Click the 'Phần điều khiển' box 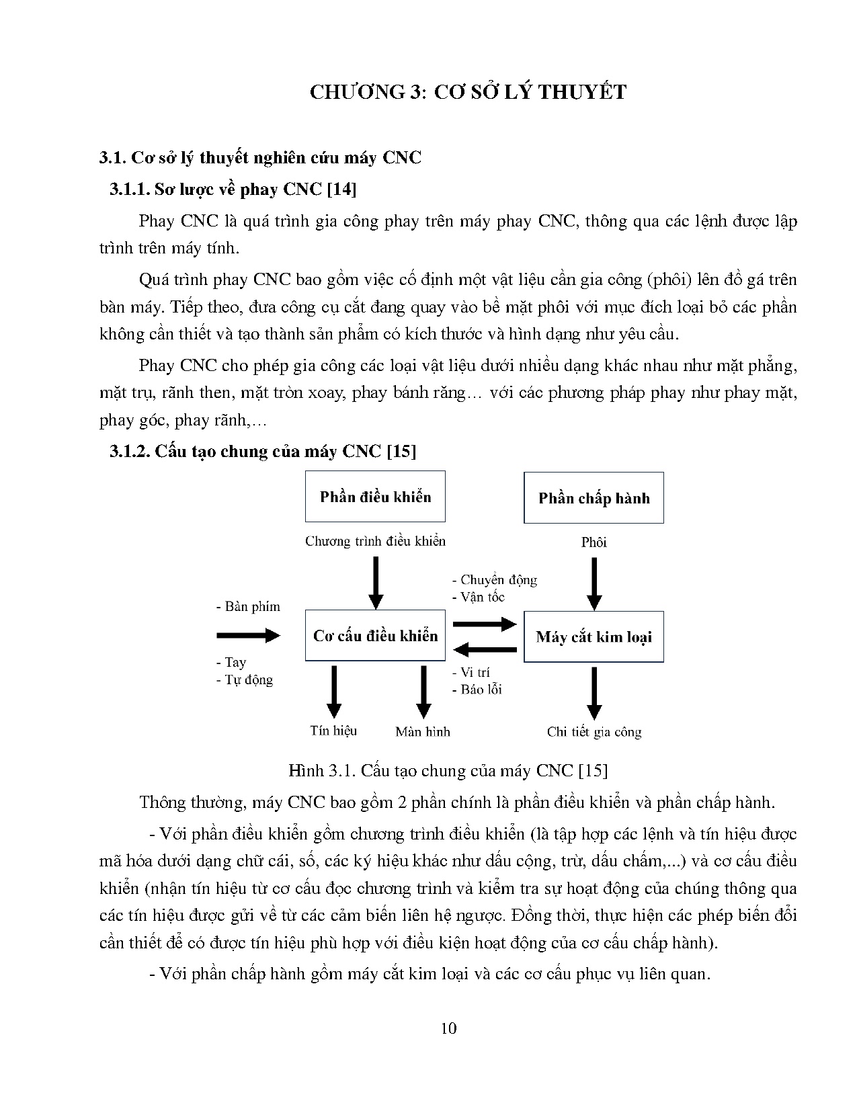click(375, 497)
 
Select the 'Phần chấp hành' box click(594, 497)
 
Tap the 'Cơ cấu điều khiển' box click(375, 636)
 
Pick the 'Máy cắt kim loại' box click(594, 636)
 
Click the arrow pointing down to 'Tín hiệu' click(333, 692)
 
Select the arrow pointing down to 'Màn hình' click(423, 692)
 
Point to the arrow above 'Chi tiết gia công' click(594, 692)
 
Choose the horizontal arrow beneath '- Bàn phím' click(248, 634)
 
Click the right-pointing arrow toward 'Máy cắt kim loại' click(485, 624)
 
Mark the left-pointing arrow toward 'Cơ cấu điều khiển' click(485, 649)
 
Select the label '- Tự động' click(245, 680)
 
